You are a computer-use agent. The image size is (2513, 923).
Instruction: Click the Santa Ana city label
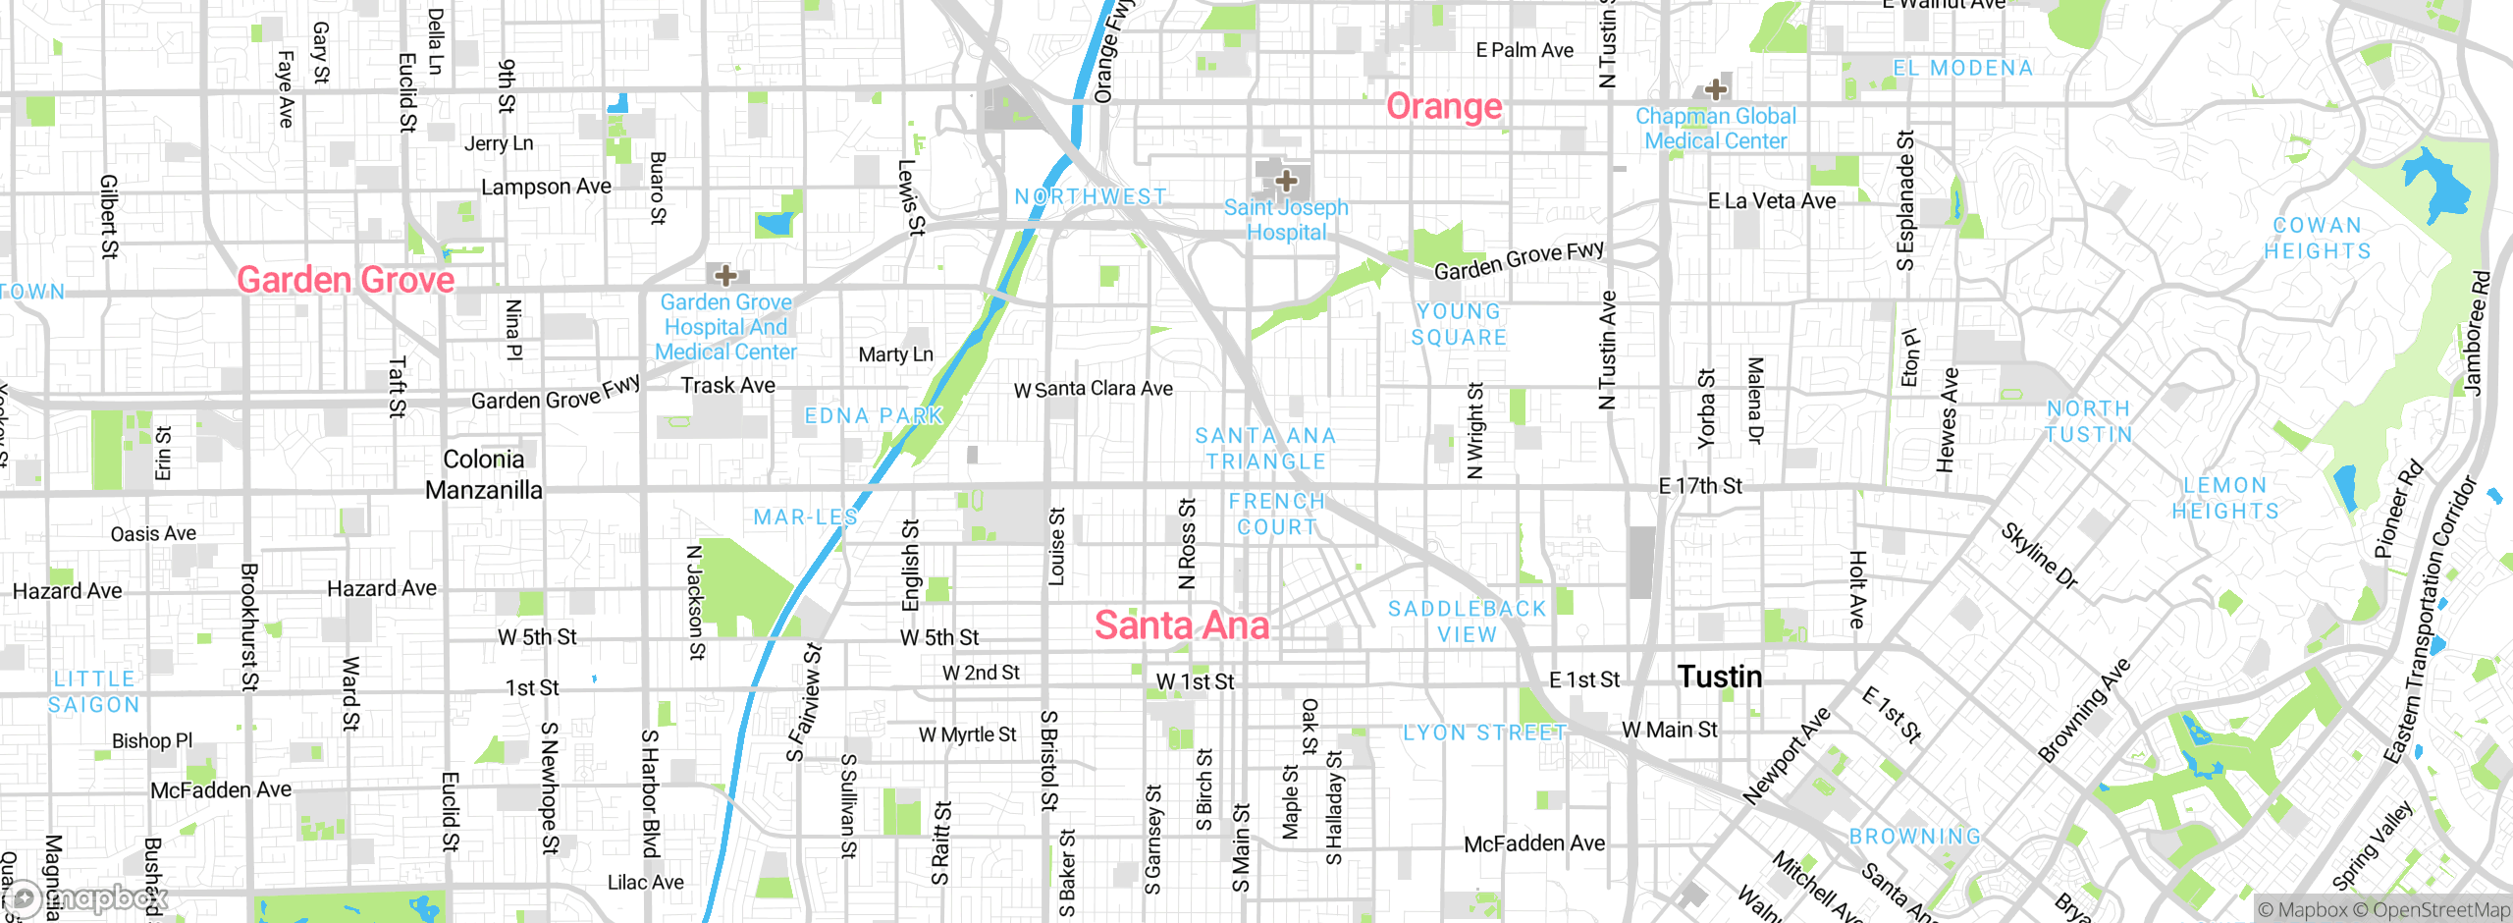[x=1182, y=625]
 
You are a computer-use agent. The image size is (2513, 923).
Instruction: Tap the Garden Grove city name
[x=346, y=280]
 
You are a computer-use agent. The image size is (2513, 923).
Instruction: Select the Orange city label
[x=1444, y=106]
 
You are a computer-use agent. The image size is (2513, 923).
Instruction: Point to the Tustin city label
[x=1720, y=677]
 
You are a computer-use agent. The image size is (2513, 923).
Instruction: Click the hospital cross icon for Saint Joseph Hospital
[x=1286, y=181]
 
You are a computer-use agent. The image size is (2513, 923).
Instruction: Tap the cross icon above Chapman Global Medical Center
[x=1716, y=89]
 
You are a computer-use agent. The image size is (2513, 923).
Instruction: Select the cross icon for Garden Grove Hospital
[x=725, y=275]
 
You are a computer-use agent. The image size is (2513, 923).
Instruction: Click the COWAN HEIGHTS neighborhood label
[x=2317, y=239]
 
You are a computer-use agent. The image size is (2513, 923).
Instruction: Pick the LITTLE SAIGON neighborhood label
[x=94, y=691]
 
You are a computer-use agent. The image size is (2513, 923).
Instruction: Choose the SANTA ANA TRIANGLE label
[x=1265, y=448]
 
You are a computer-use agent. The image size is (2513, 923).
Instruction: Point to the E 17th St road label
[x=1700, y=486]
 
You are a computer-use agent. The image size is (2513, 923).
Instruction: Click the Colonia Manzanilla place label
[x=483, y=474]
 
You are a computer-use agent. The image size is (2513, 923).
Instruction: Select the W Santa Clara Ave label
[x=1093, y=389]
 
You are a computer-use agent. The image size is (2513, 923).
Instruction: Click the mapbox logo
[x=88, y=898]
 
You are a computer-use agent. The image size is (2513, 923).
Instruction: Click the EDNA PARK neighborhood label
[x=873, y=415]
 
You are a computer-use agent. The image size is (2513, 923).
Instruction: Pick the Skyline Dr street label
[x=2040, y=557]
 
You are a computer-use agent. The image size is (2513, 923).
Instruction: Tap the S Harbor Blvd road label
[x=650, y=793]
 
